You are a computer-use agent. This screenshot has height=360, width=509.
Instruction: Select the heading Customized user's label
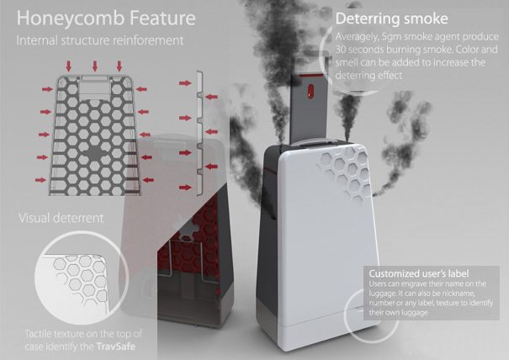(x=419, y=275)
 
